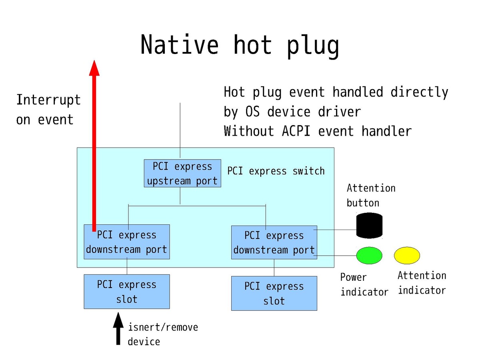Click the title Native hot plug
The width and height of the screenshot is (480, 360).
tap(240, 45)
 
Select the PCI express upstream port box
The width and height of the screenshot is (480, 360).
tap(182, 174)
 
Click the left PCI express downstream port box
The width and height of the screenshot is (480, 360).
tap(126, 242)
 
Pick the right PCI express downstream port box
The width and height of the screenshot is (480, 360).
tap(274, 243)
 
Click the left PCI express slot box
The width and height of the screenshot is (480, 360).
tap(126, 292)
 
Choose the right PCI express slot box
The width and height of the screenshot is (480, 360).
tap(274, 293)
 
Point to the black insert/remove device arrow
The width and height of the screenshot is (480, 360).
tap(118, 328)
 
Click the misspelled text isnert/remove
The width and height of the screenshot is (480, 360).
tap(163, 328)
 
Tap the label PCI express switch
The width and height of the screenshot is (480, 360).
tap(276, 171)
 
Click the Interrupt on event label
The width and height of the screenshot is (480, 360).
tap(48, 110)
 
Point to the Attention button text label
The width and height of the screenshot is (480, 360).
tap(371, 195)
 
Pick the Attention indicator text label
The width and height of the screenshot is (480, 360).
tap(422, 283)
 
